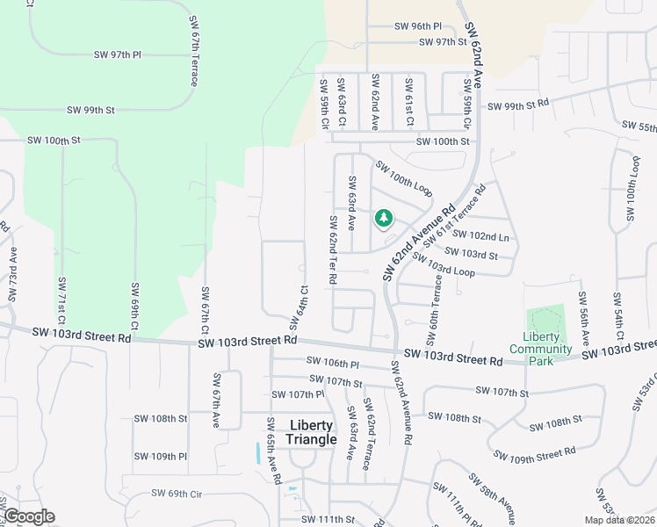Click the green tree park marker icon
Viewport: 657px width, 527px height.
click(x=383, y=217)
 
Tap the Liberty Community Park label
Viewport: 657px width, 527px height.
click(x=546, y=349)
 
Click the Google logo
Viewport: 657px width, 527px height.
click(x=28, y=516)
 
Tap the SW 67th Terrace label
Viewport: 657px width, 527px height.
click(x=193, y=50)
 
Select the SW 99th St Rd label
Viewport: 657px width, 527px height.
click(x=518, y=104)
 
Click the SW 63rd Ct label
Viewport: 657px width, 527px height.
click(x=342, y=103)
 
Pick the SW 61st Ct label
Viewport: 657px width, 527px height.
click(x=408, y=101)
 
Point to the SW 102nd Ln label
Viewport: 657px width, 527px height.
click(x=480, y=236)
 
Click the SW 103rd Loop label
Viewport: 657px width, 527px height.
click(x=444, y=266)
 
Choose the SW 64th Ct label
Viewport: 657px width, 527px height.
click(x=299, y=307)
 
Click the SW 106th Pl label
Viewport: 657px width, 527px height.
click(x=333, y=362)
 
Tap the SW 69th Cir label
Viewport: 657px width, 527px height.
click(x=177, y=494)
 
